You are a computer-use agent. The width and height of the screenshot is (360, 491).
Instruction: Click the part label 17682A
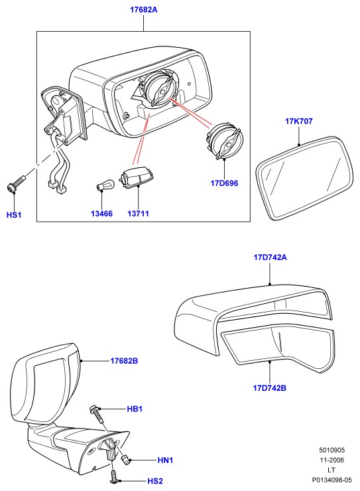[x=144, y=10]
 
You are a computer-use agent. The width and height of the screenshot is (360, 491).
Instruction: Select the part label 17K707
[x=299, y=121]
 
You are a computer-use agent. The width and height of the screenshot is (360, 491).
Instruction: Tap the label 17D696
[x=224, y=183]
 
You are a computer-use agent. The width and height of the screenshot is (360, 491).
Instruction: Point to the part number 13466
[x=101, y=214]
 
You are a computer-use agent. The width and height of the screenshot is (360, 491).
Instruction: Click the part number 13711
[x=139, y=214]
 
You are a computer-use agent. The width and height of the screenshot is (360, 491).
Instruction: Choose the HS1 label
[x=14, y=215]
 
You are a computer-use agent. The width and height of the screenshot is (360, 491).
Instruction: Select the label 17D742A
[x=270, y=257]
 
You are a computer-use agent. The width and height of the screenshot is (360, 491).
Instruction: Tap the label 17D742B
[x=270, y=388]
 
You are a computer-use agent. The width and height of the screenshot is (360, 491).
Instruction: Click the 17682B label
[x=124, y=361]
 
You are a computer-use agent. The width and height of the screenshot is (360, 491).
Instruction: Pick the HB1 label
[x=135, y=409]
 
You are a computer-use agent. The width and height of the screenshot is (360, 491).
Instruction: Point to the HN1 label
[x=166, y=460]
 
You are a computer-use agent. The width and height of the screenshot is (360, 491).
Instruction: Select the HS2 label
[x=155, y=480]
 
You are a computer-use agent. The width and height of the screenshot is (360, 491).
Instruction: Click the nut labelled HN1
[x=126, y=460]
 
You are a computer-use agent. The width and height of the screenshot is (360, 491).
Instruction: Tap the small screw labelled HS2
[x=114, y=476]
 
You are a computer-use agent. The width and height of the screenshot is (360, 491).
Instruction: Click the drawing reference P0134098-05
[x=331, y=480]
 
